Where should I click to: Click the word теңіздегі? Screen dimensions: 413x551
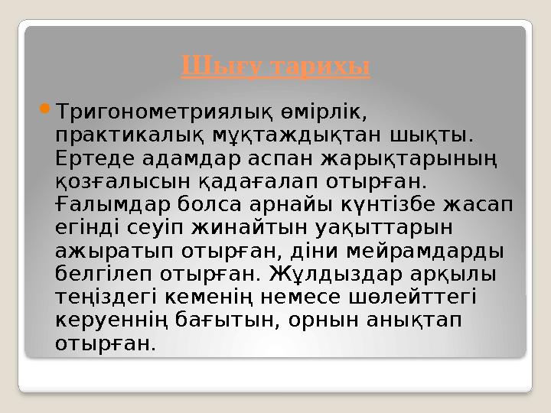click(x=106, y=298)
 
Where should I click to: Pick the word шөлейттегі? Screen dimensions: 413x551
click(x=414, y=298)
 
